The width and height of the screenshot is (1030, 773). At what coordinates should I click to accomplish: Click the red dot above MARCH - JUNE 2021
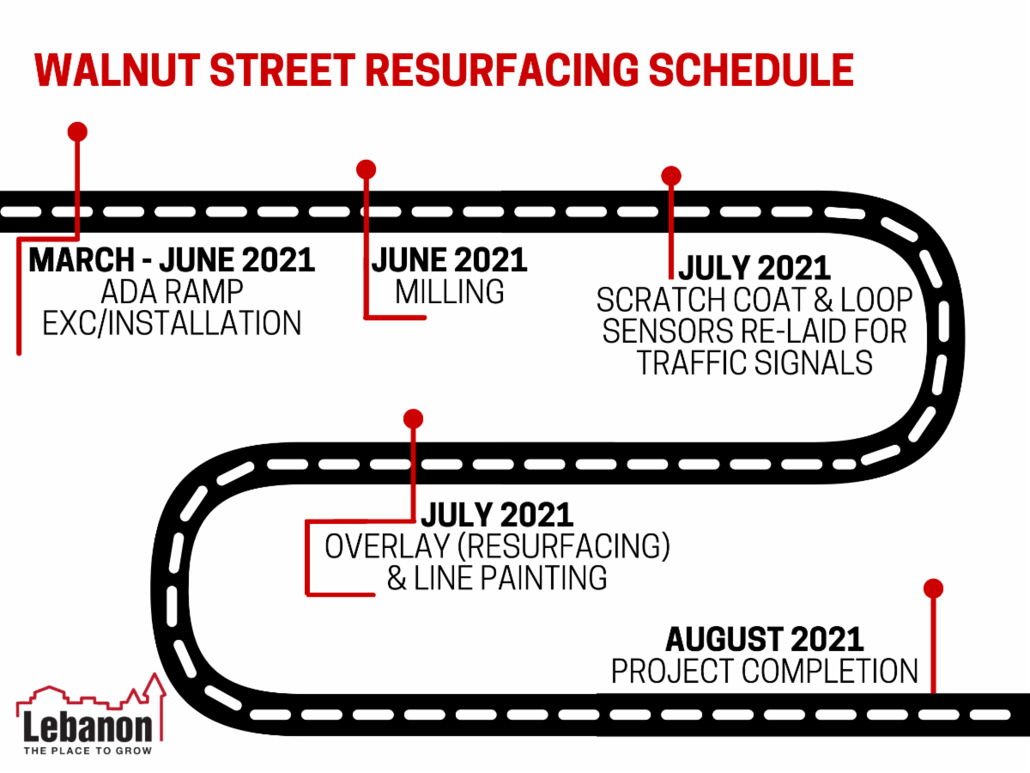coord(77,131)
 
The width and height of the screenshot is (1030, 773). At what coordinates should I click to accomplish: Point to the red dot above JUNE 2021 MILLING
coord(367,168)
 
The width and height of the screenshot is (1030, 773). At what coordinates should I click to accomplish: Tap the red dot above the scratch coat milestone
coord(671,175)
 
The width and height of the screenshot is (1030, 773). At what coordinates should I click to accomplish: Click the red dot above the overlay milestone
coord(414,418)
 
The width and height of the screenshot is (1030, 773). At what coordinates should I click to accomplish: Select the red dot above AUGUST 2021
coord(933,588)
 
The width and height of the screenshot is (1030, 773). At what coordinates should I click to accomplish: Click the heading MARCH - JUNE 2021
coord(172,260)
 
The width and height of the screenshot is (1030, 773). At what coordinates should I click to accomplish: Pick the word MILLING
coord(450,292)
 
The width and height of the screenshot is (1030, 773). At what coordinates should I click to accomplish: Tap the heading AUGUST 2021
coord(765,639)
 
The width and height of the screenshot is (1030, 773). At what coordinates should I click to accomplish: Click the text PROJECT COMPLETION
coord(765,671)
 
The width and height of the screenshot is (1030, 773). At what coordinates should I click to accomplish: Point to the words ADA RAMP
coord(171,292)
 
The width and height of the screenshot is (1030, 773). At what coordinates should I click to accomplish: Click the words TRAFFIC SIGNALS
coord(754,362)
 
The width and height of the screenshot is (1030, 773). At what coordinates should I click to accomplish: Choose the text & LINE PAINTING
coord(496,578)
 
